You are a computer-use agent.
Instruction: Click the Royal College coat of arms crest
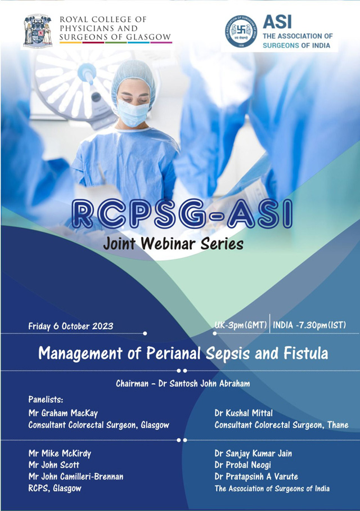38,30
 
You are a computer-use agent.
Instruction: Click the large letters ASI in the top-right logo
277,22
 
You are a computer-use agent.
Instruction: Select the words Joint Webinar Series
173,244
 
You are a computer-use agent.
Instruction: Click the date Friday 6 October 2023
71,326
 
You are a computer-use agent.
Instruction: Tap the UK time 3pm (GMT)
241,325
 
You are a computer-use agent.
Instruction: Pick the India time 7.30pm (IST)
309,325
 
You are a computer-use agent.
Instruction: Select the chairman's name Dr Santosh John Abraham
202,384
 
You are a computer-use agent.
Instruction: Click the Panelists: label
46,400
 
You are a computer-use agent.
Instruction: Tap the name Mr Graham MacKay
63,413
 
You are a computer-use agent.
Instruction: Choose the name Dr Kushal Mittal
244,413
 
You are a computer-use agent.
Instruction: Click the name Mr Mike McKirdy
60,454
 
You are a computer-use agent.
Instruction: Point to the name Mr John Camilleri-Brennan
76,477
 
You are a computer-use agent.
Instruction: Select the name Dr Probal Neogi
243,465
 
